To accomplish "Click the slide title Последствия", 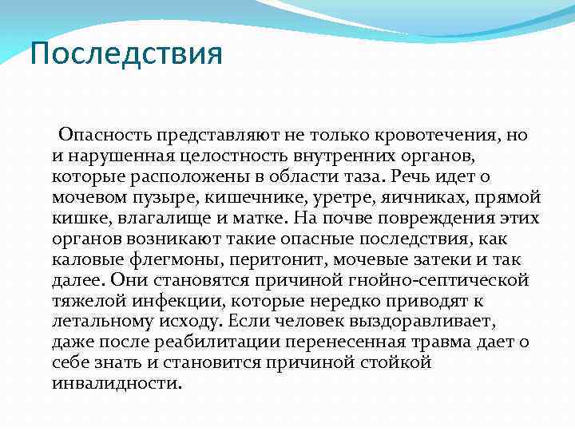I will (125, 54).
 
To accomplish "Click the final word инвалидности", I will (117, 383).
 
